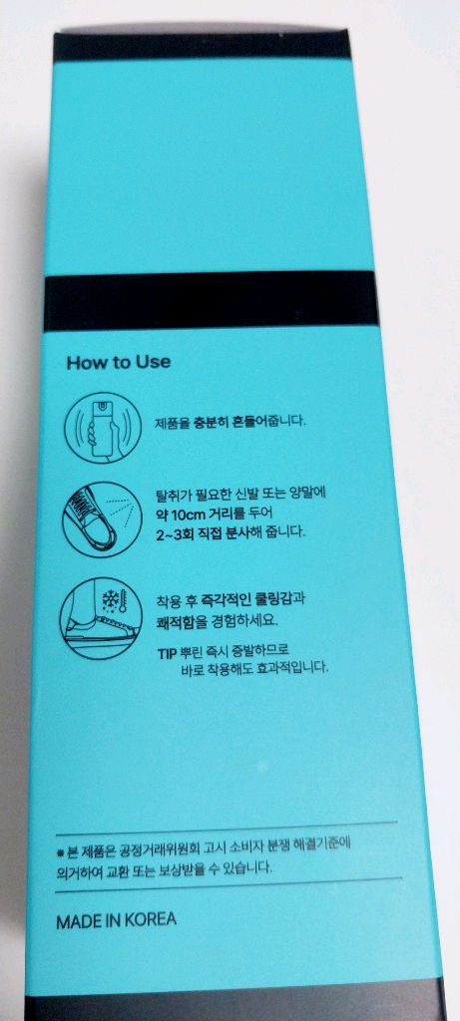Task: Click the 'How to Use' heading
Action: point(118,362)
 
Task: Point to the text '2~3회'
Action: point(177,532)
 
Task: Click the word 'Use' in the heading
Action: point(152,362)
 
